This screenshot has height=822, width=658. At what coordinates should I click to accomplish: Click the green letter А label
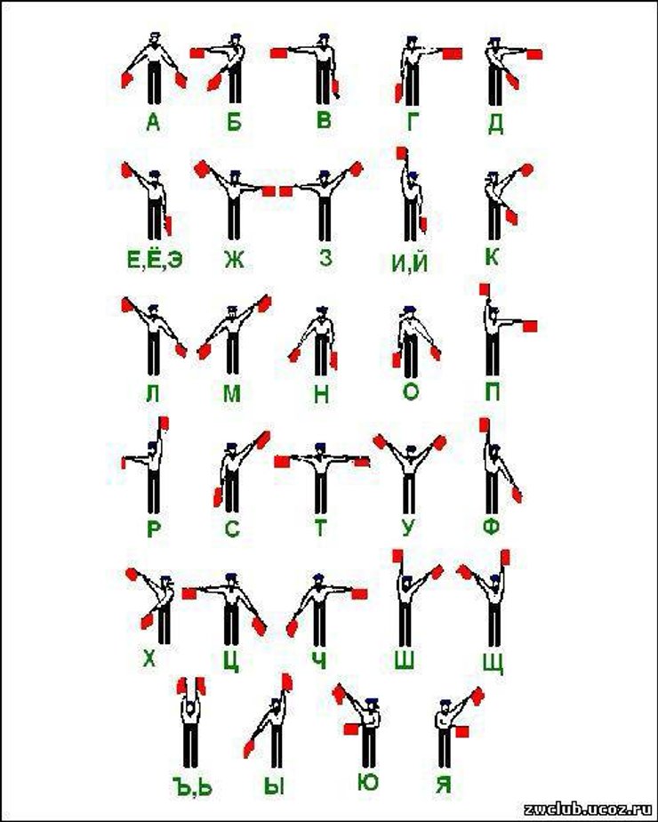[x=152, y=122]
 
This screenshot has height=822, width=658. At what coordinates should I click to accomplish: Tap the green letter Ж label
[x=234, y=258]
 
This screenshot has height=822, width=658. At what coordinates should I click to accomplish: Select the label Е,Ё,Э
[x=155, y=259]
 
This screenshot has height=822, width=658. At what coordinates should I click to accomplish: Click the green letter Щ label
[x=493, y=662]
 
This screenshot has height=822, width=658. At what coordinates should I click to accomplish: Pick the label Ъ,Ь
[x=192, y=786]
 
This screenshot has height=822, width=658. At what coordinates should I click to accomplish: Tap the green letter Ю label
[x=368, y=782]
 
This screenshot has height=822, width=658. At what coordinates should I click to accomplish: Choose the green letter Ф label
[x=491, y=527]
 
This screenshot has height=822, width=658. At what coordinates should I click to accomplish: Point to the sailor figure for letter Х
[x=157, y=607]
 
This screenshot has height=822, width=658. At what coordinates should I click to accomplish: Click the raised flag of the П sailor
[x=484, y=290]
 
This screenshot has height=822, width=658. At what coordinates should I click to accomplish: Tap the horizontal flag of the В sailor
[x=278, y=53]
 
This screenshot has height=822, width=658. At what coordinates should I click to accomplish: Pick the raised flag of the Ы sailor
[x=286, y=681]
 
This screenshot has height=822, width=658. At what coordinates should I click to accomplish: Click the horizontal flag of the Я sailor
[x=461, y=730]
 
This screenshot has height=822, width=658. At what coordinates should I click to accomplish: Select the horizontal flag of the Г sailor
[x=452, y=53]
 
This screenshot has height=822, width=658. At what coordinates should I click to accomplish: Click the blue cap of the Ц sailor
[x=230, y=577]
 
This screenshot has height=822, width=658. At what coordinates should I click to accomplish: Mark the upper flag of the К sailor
[x=526, y=169]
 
